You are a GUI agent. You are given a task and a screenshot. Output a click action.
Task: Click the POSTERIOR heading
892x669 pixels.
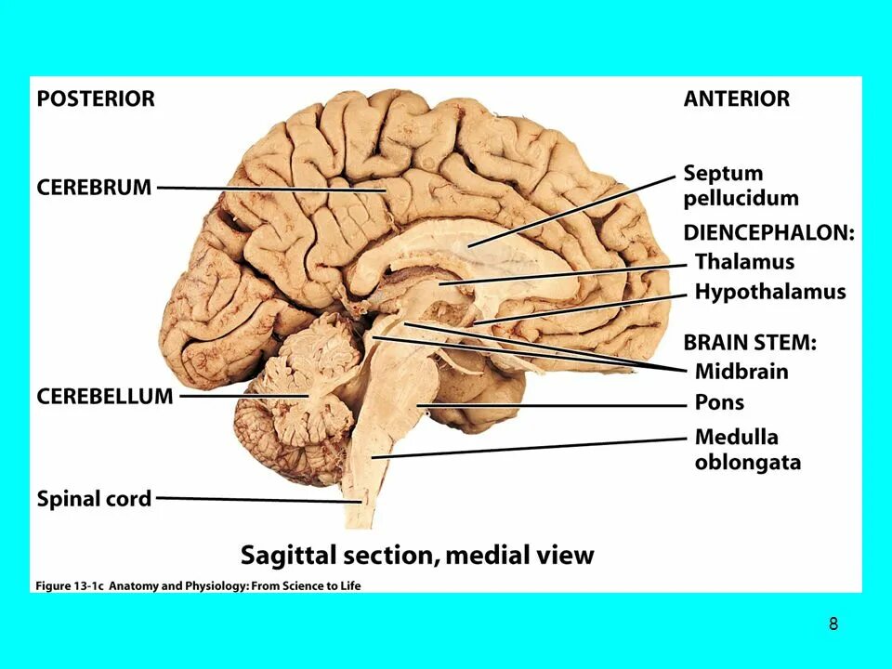pos(96,98)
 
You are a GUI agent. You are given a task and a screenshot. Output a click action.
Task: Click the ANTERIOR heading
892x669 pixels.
pos(736,98)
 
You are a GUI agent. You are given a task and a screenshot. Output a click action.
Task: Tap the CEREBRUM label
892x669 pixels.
pos(94,187)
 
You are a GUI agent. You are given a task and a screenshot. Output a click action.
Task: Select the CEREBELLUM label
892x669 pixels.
pos(105,396)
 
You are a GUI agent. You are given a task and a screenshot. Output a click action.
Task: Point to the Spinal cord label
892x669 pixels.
pos(94,499)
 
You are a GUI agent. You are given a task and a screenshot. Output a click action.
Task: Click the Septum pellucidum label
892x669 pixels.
pos(741,185)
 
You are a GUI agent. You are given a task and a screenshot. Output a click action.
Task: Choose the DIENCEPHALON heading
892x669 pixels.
pos(768,232)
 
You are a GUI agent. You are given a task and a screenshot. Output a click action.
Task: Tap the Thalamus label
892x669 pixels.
pos(744,261)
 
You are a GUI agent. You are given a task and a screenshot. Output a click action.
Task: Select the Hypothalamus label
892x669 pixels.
pos(770,292)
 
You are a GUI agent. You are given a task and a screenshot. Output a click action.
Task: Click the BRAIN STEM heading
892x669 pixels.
pos(750,342)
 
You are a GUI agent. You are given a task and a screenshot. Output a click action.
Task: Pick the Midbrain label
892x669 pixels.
pos(741,371)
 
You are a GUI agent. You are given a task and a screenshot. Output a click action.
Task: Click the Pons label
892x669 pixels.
pos(719,403)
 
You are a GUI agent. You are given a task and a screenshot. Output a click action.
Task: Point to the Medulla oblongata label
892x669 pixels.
pos(747,449)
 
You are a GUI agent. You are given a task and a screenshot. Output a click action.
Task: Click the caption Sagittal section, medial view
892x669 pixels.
pos(417,555)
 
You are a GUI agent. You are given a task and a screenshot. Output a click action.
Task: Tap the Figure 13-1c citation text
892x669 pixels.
pos(197,585)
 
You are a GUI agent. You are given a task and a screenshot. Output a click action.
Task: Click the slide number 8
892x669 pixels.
pos(833,624)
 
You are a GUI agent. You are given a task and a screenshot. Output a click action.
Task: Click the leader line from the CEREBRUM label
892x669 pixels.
pos(269,189)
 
